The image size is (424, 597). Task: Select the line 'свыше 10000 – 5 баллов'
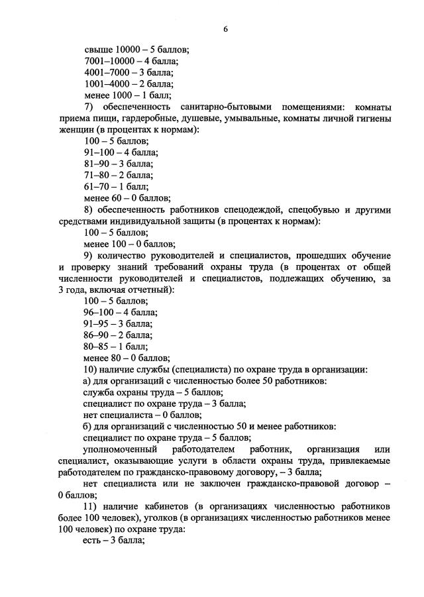[x=136, y=50]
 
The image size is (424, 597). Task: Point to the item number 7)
[x=90, y=107]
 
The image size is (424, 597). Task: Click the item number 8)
[x=90, y=209]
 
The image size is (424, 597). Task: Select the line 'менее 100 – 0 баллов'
[x=130, y=243]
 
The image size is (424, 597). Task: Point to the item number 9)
[x=90, y=255]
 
